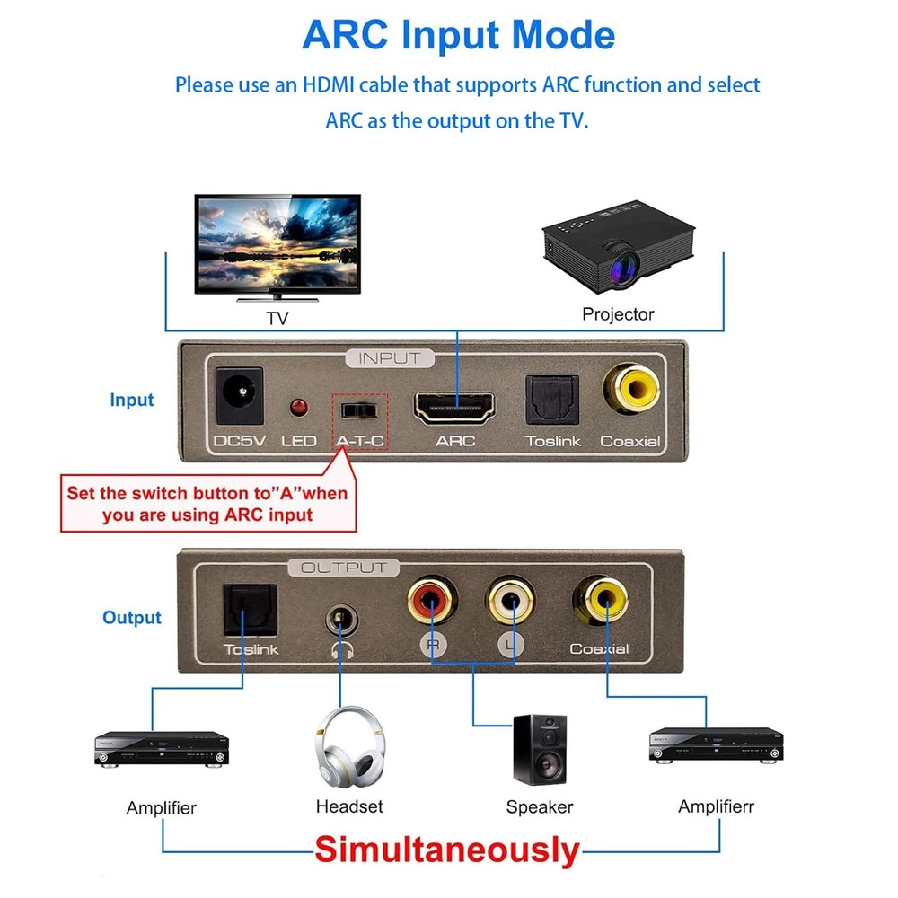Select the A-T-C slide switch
359,410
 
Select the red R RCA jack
432,602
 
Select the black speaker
539,749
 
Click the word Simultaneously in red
446,850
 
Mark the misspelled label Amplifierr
716,806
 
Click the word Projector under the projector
618,314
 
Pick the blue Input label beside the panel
132,401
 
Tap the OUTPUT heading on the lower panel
344,568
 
